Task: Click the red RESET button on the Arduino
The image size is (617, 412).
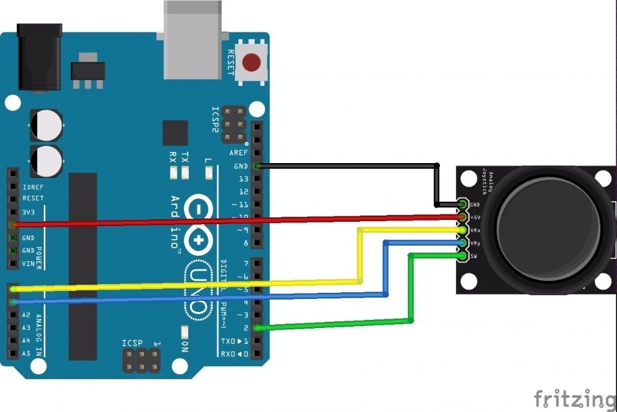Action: click(251, 62)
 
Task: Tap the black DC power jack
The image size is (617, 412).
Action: click(39, 57)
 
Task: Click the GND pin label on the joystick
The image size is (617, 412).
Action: click(475, 204)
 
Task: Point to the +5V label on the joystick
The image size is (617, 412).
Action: click(475, 217)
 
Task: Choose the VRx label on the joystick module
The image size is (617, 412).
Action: click(475, 230)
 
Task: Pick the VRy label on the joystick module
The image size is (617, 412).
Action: click(475, 243)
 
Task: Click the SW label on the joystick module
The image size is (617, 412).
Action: click(474, 256)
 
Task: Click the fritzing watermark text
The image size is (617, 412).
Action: click(574, 398)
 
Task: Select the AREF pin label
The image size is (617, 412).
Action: click(238, 153)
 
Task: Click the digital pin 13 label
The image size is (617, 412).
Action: click(243, 179)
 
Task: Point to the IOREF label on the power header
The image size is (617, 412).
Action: click(33, 186)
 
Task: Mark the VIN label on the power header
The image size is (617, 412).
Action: click(28, 264)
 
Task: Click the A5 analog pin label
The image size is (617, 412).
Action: click(26, 354)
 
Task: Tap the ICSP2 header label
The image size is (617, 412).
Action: click(215, 120)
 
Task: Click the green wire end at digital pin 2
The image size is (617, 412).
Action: click(257, 328)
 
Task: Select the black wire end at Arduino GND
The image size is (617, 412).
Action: click(257, 166)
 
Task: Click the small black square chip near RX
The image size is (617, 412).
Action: click(175, 133)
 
